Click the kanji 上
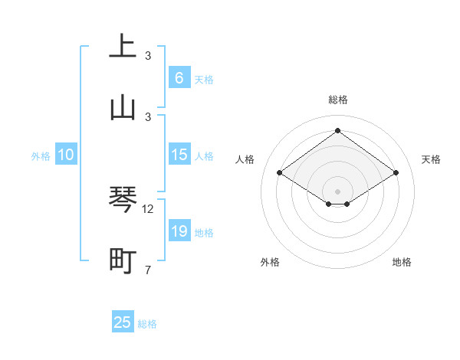pyautogui.click(x=123, y=45)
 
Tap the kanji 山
pyautogui.click(x=123, y=107)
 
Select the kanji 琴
pyautogui.click(x=123, y=200)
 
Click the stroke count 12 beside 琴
pyautogui.click(x=148, y=209)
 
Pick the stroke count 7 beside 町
pyautogui.click(x=148, y=270)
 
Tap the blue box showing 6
pyautogui.click(x=179, y=77)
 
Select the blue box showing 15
pyautogui.click(x=179, y=155)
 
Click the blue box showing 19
pyautogui.click(x=179, y=231)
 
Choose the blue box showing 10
pyautogui.click(x=66, y=155)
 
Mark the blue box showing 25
pyautogui.click(x=123, y=322)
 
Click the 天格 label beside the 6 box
pyautogui.click(x=204, y=79)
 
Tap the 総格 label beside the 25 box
pyautogui.click(x=147, y=324)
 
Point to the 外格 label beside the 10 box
pyautogui.click(x=41, y=156)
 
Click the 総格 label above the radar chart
pyautogui.click(x=338, y=100)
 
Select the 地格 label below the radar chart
pyautogui.click(x=402, y=262)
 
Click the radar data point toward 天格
pyautogui.click(x=396, y=172)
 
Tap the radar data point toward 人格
pyautogui.click(x=280, y=172)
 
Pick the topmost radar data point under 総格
pyautogui.click(x=338, y=130)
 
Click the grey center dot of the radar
pyautogui.click(x=338, y=191)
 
